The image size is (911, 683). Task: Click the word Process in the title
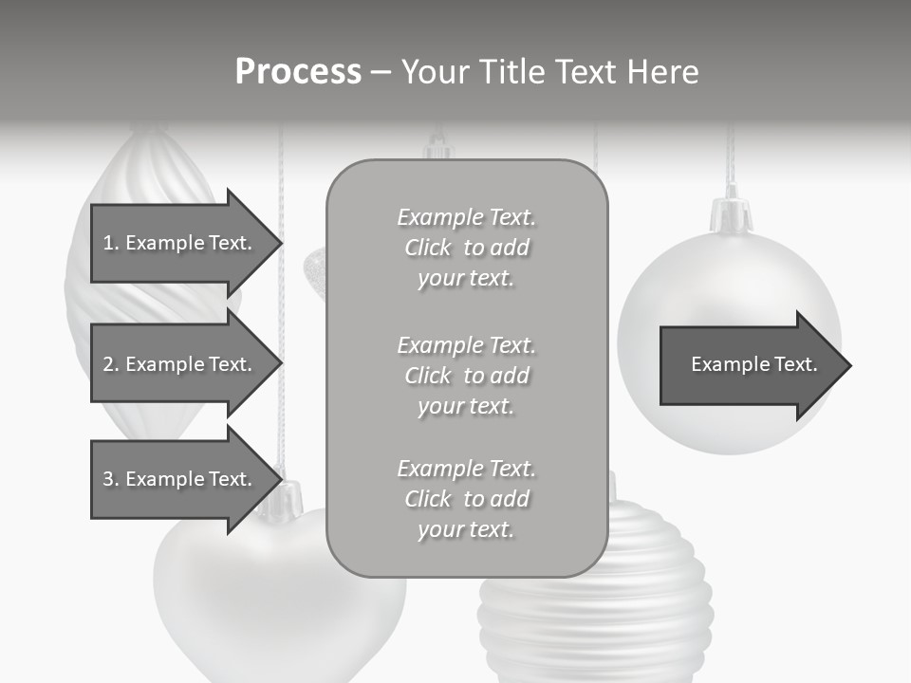pos(298,72)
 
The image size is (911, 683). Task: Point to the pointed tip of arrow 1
pos(280,243)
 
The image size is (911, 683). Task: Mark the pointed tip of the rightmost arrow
pos(849,365)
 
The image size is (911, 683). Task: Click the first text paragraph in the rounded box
pos(466,248)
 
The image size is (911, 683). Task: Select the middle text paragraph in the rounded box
pos(466,376)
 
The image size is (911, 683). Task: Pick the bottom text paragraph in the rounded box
pos(466,499)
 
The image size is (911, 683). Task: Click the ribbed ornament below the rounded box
pos(593,617)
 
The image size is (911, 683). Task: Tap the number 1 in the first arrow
pos(108,243)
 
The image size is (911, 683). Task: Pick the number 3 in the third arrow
pos(108,479)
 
